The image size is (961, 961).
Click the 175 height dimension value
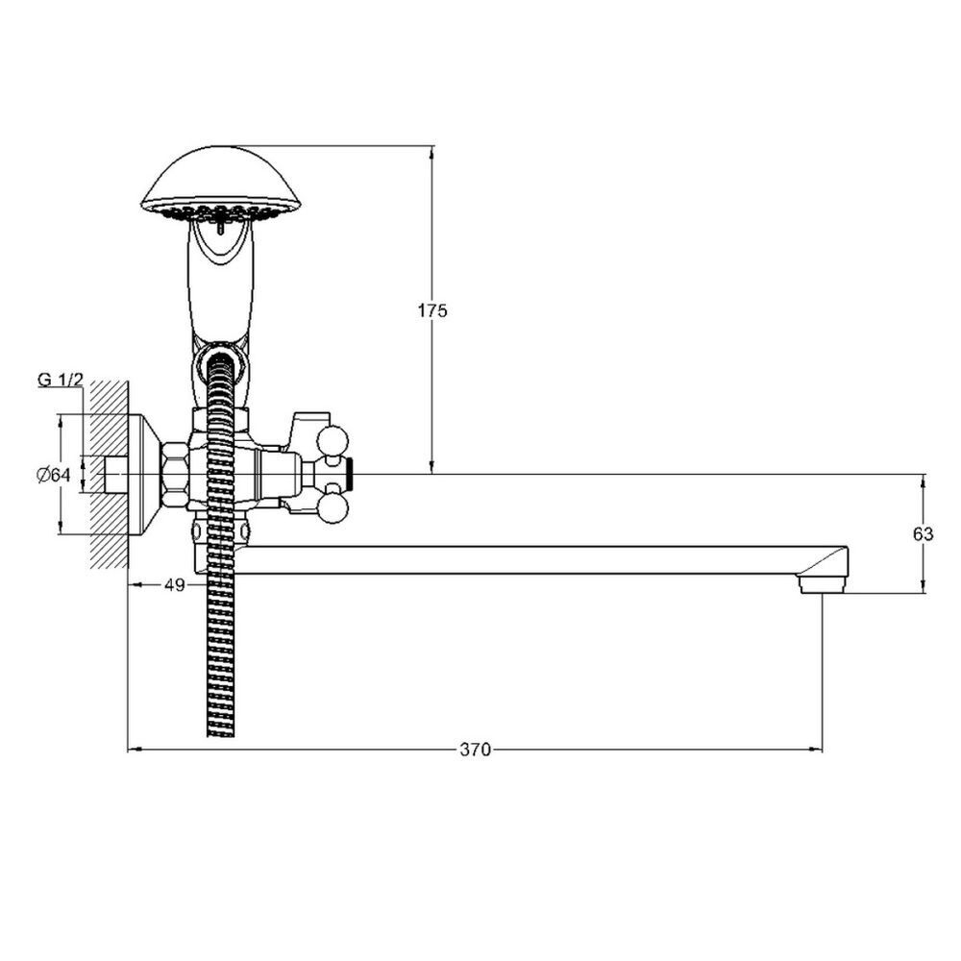coord(432,310)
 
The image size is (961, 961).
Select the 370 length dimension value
coord(476,749)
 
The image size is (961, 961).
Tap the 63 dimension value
coord(923,534)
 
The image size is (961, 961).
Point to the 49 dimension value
coord(175,584)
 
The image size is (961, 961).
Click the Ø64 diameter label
coord(54,475)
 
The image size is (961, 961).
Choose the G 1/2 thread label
coord(60,380)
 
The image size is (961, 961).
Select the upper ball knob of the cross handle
coord(333,441)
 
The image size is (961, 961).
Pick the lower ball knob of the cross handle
coord(333,508)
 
